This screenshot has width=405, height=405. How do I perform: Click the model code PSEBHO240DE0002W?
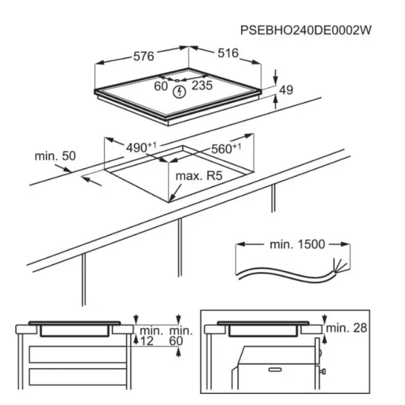click(x=306, y=30)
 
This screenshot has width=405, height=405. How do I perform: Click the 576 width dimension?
click(x=144, y=56)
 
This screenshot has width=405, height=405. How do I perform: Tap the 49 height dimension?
click(x=286, y=91)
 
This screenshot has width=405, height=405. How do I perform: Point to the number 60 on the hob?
click(x=161, y=86)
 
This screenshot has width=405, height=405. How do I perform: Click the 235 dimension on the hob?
click(x=202, y=86)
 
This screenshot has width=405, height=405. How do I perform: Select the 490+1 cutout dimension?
click(x=141, y=148)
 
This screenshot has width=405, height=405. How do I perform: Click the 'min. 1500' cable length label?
click(x=297, y=245)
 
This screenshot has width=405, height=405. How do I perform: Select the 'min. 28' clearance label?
click(x=346, y=328)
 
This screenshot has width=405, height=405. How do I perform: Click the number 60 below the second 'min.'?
click(x=176, y=342)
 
